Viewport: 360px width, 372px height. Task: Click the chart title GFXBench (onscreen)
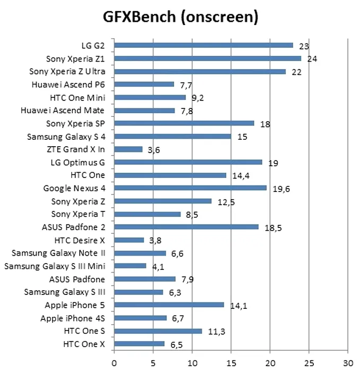point(181,18)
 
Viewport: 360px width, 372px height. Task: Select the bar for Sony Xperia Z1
point(208,58)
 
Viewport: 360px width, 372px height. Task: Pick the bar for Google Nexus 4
point(190,188)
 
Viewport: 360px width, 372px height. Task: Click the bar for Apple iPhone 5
point(169,305)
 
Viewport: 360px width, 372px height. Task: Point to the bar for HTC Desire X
point(129,240)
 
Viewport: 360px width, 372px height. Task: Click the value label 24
point(312,59)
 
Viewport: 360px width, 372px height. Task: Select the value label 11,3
point(216,332)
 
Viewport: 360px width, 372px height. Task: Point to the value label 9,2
point(199,98)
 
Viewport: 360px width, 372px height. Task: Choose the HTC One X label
point(84,344)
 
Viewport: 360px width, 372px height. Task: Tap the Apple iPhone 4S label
point(73,318)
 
